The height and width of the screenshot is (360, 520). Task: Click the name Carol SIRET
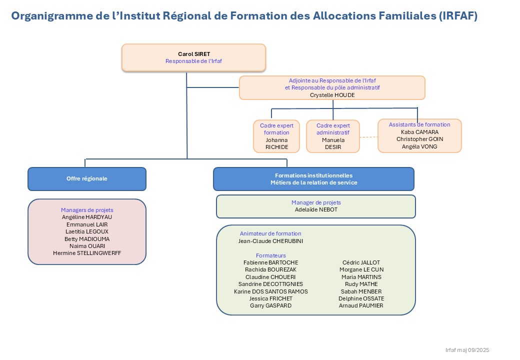click(193, 53)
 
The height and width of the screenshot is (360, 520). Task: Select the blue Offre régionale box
click(87, 178)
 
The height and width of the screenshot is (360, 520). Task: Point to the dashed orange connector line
click(368, 137)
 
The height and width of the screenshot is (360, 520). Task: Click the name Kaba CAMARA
click(419, 132)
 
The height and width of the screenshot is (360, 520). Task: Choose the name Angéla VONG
click(419, 146)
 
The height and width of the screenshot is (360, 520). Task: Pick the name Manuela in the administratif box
click(333, 140)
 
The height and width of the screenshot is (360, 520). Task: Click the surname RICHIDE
click(276, 147)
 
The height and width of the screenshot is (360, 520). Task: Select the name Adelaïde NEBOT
click(316, 209)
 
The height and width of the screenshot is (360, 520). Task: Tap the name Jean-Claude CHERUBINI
click(270, 240)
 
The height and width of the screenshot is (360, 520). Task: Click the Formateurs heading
click(270, 255)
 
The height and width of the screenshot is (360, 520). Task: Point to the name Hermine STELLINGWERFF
click(87, 253)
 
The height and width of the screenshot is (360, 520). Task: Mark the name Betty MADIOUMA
click(87, 238)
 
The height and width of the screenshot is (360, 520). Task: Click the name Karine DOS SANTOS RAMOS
click(270, 291)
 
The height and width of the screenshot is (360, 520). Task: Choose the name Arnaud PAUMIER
click(361, 305)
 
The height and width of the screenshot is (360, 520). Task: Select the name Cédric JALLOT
click(361, 262)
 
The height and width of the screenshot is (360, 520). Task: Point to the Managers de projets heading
click(87, 210)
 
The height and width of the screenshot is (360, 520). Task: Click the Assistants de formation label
click(419, 124)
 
